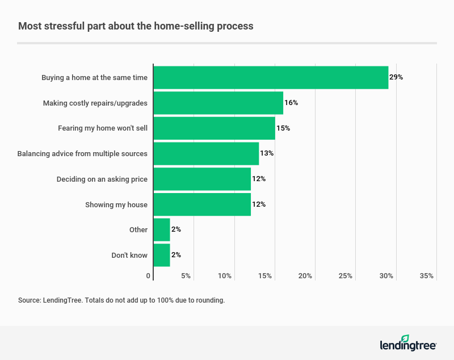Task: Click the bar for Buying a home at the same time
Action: pyautogui.click(x=271, y=77)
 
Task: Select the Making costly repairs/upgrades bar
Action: pyautogui.click(x=218, y=103)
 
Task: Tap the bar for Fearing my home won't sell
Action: pyautogui.click(x=214, y=128)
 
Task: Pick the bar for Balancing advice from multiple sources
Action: pyautogui.click(x=206, y=153)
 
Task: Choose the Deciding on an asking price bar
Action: pyautogui.click(x=202, y=179)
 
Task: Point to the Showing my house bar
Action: pyautogui.click(x=202, y=204)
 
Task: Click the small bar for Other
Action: pyautogui.click(x=162, y=230)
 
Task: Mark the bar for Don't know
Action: pyautogui.click(x=162, y=255)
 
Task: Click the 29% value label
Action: pyautogui.click(x=396, y=77)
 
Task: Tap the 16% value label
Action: pyautogui.click(x=291, y=103)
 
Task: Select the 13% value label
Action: pyautogui.click(x=267, y=153)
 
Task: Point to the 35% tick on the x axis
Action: pyautogui.click(x=427, y=276)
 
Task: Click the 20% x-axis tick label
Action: pyautogui.click(x=305, y=276)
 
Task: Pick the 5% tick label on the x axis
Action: pyautogui.click(x=186, y=276)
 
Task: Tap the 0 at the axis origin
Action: pyautogui.click(x=148, y=276)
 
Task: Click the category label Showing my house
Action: pyautogui.click(x=116, y=204)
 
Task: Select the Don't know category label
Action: pyautogui.click(x=129, y=255)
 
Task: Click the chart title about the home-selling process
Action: pyautogui.click(x=136, y=26)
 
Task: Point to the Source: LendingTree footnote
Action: pyautogui.click(x=121, y=300)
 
